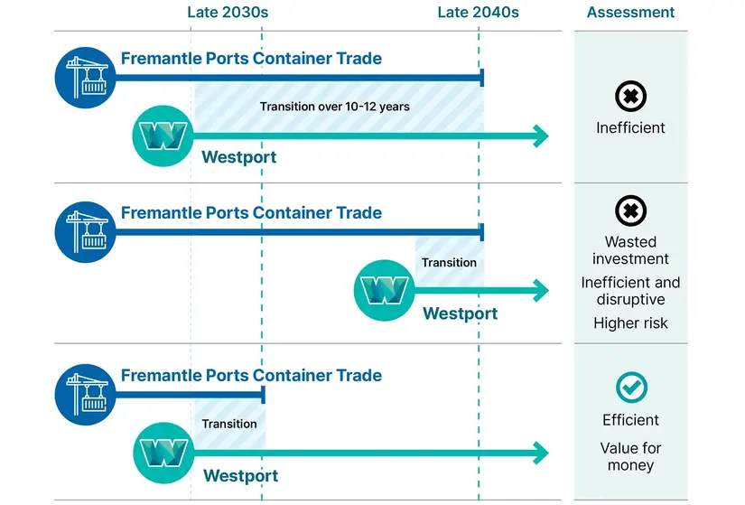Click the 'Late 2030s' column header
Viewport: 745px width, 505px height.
coord(228,13)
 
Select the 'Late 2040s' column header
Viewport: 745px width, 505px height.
coord(478,13)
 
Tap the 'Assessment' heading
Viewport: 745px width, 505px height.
coord(630,13)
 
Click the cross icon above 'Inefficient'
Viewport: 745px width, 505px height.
coord(630,96)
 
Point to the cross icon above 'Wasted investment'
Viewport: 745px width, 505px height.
coord(630,211)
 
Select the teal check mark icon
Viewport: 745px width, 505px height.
coord(630,387)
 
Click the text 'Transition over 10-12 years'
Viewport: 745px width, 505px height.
coord(334,107)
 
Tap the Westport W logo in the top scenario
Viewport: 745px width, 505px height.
coord(163,136)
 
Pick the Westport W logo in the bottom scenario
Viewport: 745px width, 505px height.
coord(163,451)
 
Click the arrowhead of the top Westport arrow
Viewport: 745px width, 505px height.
coord(540,136)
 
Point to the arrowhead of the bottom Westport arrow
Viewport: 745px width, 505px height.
coord(540,452)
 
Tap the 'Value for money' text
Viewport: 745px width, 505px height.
coord(630,457)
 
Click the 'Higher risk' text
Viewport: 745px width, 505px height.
coord(630,323)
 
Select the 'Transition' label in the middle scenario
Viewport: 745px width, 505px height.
coord(449,263)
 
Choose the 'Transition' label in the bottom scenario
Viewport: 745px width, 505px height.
coord(229,424)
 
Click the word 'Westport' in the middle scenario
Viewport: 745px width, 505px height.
coord(460,314)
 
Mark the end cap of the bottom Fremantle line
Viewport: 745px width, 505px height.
coord(263,395)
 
